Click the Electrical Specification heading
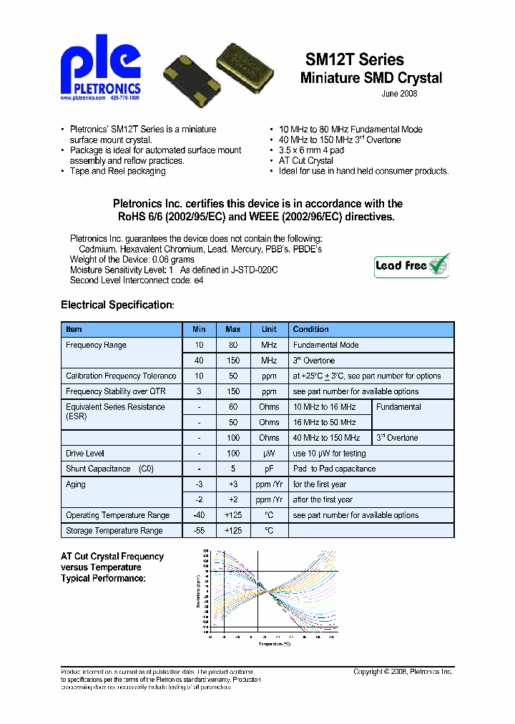coord(117,305)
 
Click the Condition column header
coord(311,330)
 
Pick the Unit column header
coord(269,330)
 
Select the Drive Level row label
coord(85,454)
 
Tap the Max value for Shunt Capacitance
coord(233,469)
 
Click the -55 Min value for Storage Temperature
coord(199,531)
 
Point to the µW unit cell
coord(269,454)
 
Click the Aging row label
coord(76,485)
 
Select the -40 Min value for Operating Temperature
coord(199,515)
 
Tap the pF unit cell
coord(269,469)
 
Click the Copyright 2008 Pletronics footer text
coord(403,672)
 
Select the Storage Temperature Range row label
coord(114,531)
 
